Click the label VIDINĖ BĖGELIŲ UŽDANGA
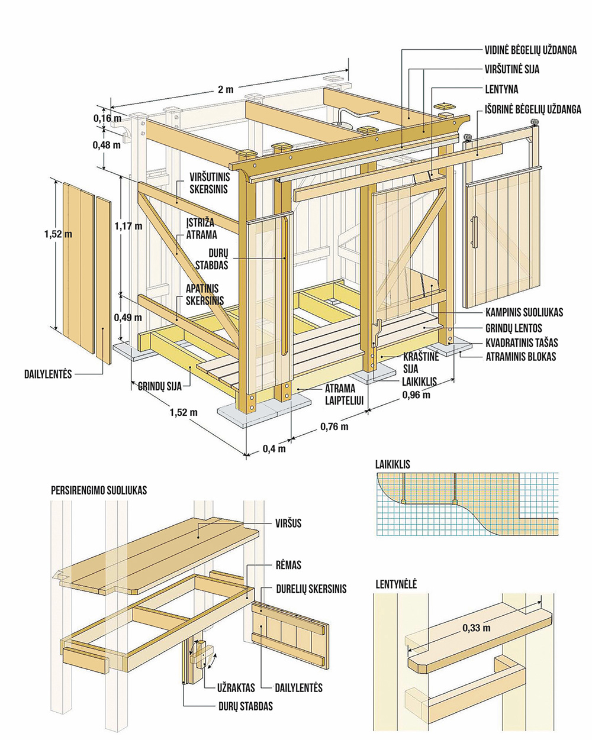531,50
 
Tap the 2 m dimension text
226,89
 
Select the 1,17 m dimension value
127,225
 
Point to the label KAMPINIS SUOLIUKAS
524,312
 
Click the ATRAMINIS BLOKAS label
520,357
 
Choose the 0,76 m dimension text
334,426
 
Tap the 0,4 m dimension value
274,448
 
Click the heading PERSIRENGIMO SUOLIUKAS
99,490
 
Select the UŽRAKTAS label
236,688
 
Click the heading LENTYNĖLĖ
395,584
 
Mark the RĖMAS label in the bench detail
289,565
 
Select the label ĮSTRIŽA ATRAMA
202,228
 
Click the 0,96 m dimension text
416,395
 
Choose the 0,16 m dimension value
107,118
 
